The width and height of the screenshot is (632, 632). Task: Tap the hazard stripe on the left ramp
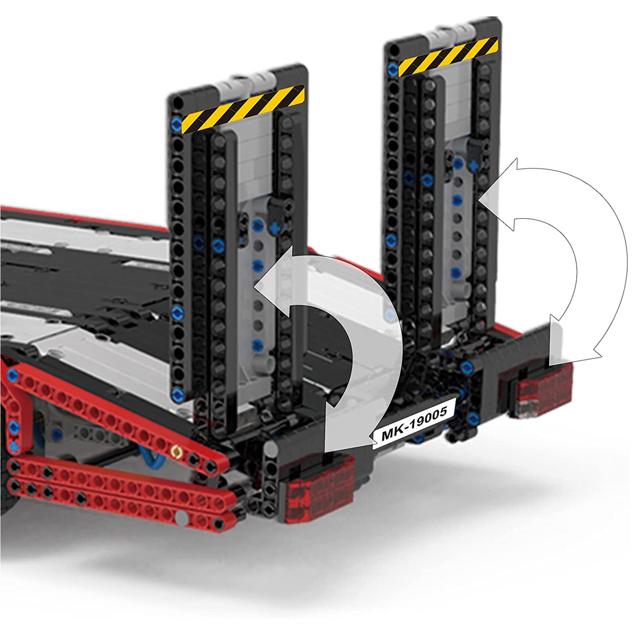(243, 109)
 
